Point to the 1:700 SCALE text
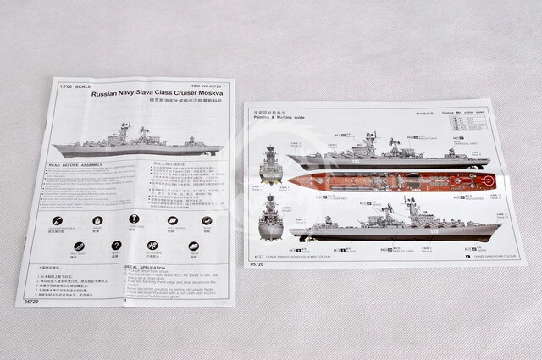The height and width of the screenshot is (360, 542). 74,85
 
